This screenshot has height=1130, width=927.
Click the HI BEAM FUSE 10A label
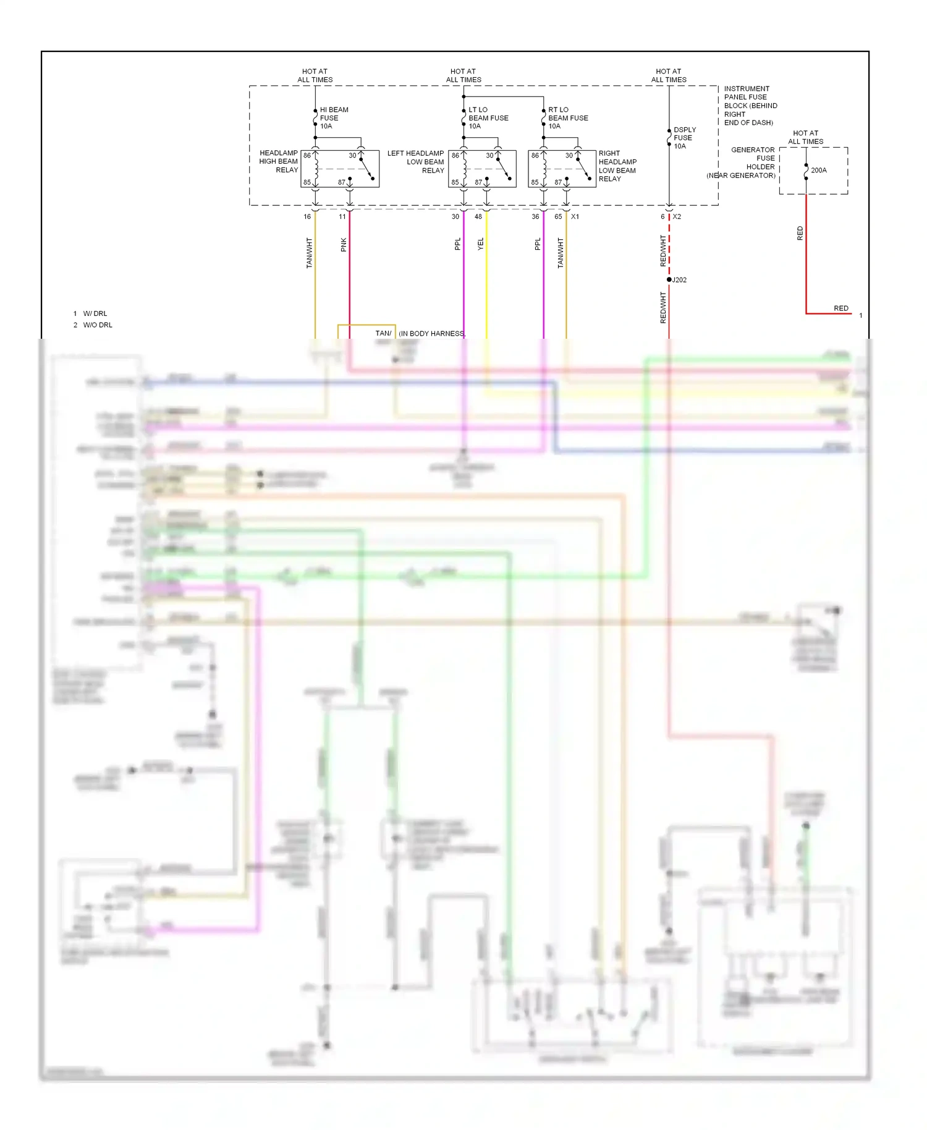(x=333, y=117)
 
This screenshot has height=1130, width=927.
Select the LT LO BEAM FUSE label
(x=488, y=117)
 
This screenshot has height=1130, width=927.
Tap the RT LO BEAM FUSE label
(x=567, y=117)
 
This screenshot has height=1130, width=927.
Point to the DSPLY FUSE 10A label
(x=684, y=138)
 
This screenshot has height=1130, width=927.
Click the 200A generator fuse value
(x=818, y=170)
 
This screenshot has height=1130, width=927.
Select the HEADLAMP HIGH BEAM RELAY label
(x=279, y=161)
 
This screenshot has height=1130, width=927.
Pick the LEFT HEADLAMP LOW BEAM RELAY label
(x=416, y=161)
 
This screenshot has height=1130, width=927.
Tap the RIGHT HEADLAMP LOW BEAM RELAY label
(x=617, y=166)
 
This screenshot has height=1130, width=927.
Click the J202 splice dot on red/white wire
(x=669, y=279)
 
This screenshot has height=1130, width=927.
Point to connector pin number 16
(x=307, y=216)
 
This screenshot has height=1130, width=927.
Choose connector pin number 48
(x=478, y=216)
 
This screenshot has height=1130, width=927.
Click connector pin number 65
(x=558, y=216)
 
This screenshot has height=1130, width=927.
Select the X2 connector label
(x=677, y=216)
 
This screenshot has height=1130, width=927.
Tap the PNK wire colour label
(x=344, y=245)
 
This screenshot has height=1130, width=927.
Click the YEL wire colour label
(x=480, y=244)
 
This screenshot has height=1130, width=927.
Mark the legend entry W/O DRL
(x=98, y=325)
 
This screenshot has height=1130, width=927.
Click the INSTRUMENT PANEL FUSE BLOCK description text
(x=750, y=106)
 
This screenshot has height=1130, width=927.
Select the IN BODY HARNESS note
(x=431, y=333)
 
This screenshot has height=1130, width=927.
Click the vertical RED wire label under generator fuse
(x=800, y=233)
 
